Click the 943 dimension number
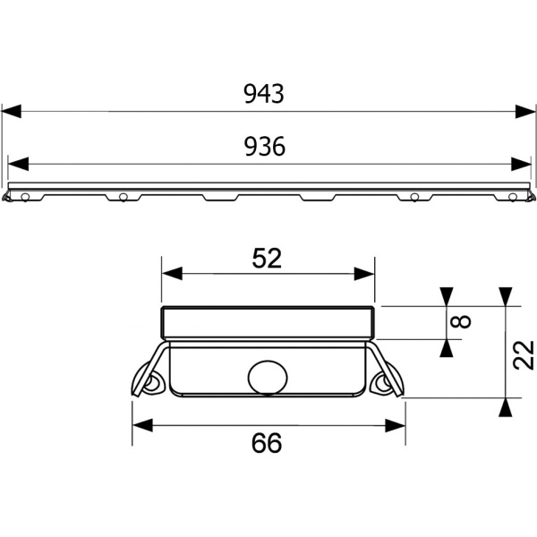click(x=264, y=94)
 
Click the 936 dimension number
click(x=265, y=146)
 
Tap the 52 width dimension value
click(x=267, y=259)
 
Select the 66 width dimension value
click(x=267, y=443)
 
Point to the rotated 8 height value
click(x=461, y=322)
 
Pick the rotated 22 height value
click(x=524, y=355)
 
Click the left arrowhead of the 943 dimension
click(x=12, y=111)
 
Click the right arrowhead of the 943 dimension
click(x=525, y=111)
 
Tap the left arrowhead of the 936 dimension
click(x=18, y=164)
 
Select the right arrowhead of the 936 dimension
click(x=521, y=164)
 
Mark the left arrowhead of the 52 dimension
click(x=172, y=273)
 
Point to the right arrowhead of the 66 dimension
click(x=396, y=425)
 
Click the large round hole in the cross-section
click(x=268, y=377)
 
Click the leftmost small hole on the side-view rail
click(x=25, y=197)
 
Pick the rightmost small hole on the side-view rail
click(x=512, y=197)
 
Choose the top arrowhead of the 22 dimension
click(x=506, y=297)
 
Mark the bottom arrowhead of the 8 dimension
click(x=447, y=349)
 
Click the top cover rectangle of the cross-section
click(x=268, y=323)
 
